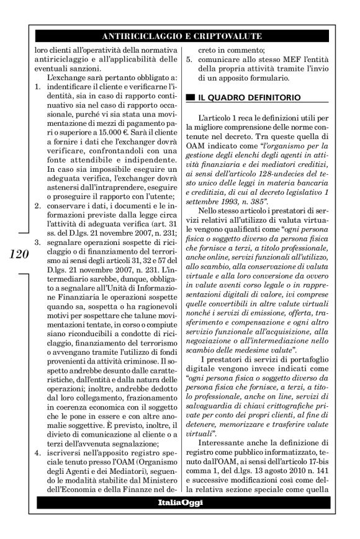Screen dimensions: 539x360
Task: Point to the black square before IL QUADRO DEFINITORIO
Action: coord(192,97)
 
